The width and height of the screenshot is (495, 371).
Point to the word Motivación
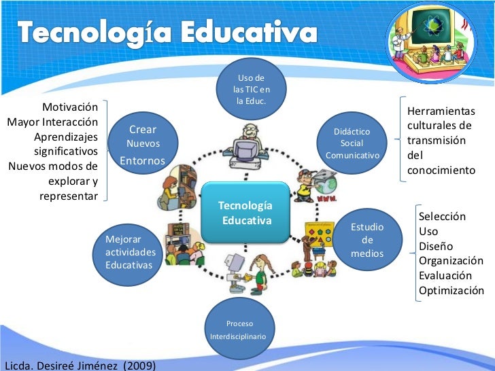(70, 107)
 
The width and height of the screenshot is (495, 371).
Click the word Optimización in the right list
(451, 291)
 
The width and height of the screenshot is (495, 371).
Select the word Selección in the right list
(442, 216)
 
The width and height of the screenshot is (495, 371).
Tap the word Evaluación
(445, 276)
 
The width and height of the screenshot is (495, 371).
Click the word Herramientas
(441, 111)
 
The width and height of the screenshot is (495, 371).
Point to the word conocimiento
(441, 171)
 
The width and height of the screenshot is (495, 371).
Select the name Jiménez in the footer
(90, 365)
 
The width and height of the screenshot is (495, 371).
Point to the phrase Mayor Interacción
(52, 122)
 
